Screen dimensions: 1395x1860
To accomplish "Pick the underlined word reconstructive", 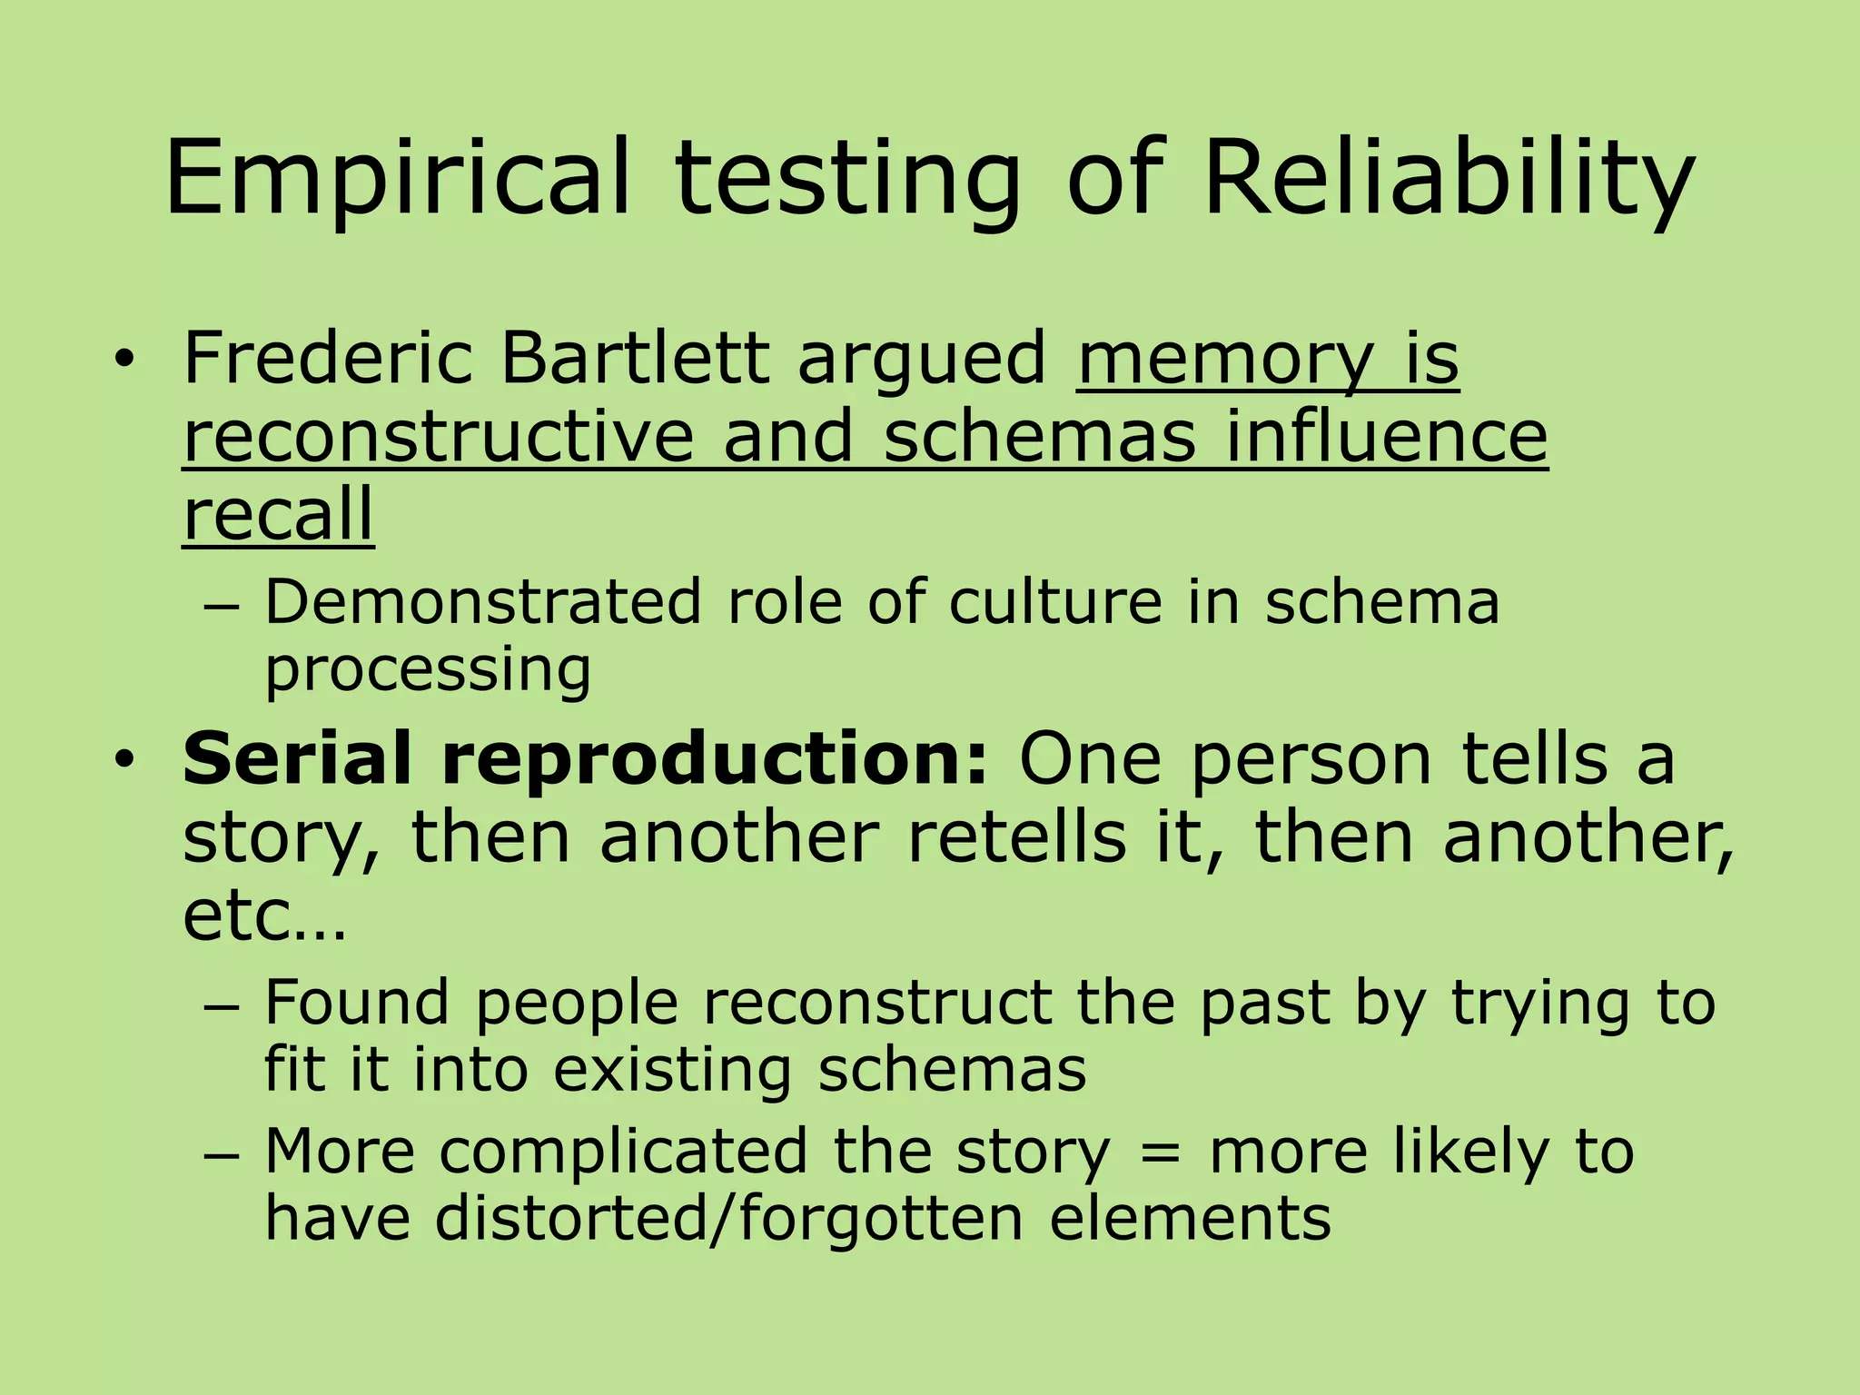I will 439,437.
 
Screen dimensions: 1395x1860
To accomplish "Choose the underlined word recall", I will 278,514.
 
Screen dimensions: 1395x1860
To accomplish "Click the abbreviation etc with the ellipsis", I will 263,915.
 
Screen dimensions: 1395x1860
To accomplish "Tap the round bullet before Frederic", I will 124,361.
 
